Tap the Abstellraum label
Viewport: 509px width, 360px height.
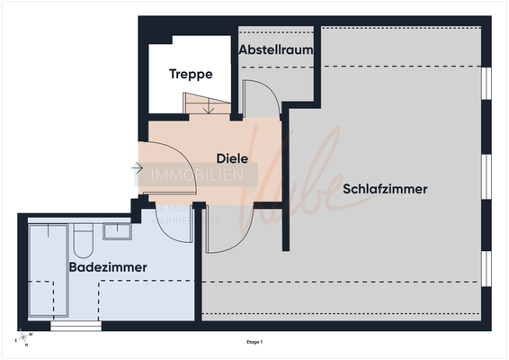276,50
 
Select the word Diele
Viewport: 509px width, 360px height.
232,158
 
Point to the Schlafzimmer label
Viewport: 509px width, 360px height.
384,189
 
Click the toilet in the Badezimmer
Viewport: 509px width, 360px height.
83,241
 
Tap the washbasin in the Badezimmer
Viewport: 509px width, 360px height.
118,231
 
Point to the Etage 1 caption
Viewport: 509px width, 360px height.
254,342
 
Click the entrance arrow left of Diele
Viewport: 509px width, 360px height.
137,168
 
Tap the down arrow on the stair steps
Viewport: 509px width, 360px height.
209,109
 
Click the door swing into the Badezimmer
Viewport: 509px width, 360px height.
174,225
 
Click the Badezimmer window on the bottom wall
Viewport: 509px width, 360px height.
76,327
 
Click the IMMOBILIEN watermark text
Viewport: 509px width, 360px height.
196,175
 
